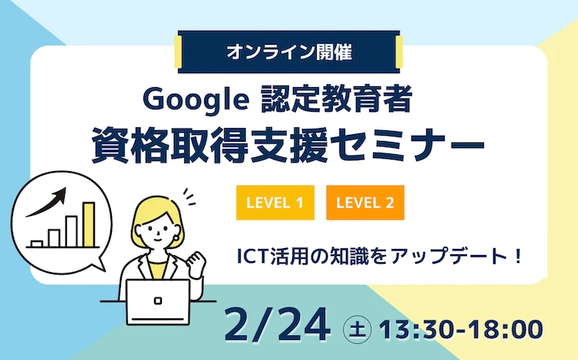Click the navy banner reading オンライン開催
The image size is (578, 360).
pos(289,52)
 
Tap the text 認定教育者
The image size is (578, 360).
pos(336,99)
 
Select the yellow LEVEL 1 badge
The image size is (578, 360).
pos(275,203)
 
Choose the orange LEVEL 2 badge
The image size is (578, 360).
pos(365,203)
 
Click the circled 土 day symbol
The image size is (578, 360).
pos(357,329)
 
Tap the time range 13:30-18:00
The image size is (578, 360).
pos(461,329)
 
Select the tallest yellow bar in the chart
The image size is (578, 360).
pos(89,224)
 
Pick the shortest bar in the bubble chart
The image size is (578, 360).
pos(37,244)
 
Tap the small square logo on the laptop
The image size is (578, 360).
pos(158,301)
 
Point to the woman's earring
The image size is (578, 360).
pos(176,237)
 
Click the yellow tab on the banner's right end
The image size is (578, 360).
pos(398,52)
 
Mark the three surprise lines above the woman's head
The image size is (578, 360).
pos(189,197)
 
